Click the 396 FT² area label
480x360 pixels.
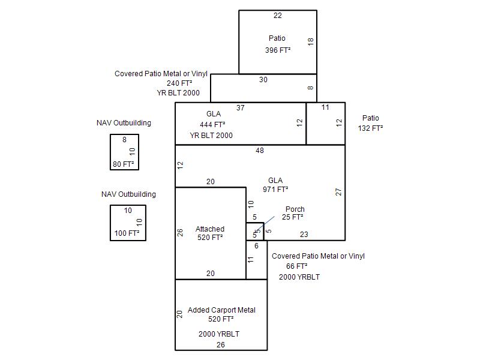click(278, 50)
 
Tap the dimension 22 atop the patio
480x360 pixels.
click(278, 16)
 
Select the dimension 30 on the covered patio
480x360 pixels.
click(263, 80)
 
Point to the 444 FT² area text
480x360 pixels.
click(212, 124)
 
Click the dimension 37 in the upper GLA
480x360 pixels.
click(241, 108)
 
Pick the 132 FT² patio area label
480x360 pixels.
click(370, 128)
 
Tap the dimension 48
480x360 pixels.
click(260, 151)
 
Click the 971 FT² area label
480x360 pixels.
click(275, 189)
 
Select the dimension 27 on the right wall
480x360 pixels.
click(338, 192)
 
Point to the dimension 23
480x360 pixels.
click(304, 235)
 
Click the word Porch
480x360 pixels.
click(295, 209)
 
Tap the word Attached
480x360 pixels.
click(210, 229)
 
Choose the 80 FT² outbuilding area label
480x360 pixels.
click(124, 164)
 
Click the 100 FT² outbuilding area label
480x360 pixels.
click(127, 233)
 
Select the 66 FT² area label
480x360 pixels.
click(296, 266)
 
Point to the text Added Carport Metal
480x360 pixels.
click(221, 310)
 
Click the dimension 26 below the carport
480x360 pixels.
click(221, 344)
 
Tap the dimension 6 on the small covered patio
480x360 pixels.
click(257, 245)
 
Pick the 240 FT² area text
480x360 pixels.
click(179, 83)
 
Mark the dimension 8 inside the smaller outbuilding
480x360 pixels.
click(124, 140)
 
